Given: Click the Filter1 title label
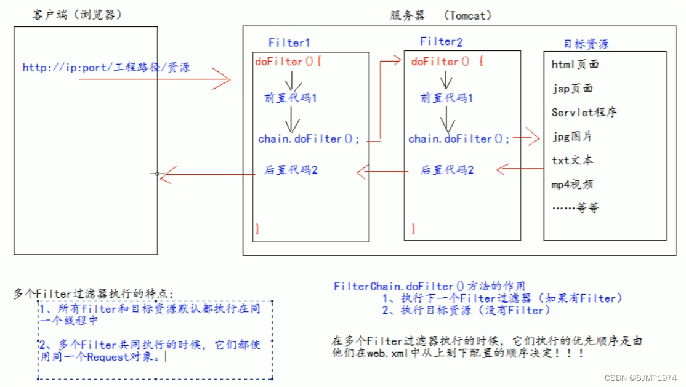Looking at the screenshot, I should (289, 43).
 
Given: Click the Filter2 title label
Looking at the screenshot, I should (441, 42).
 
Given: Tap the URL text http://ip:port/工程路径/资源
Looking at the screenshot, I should (106, 67).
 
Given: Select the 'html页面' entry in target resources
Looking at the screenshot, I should (575, 64).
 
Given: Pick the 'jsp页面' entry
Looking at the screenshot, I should (572, 88).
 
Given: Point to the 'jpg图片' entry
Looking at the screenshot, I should (572, 136).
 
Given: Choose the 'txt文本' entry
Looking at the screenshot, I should (572, 160).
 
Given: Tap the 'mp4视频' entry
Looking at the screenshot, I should (572, 184).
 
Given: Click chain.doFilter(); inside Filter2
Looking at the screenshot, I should (459, 139).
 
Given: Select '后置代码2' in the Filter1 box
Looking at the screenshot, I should (290, 170).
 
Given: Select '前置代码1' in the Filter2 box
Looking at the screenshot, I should (446, 98).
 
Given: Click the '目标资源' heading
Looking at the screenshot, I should (586, 44).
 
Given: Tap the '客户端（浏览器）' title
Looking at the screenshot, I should (77, 15).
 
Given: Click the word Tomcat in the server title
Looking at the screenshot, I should (466, 15).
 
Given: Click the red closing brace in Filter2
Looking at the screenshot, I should (414, 229).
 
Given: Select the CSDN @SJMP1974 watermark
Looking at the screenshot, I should (641, 378).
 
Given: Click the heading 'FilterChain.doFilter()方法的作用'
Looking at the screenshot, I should (429, 286).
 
